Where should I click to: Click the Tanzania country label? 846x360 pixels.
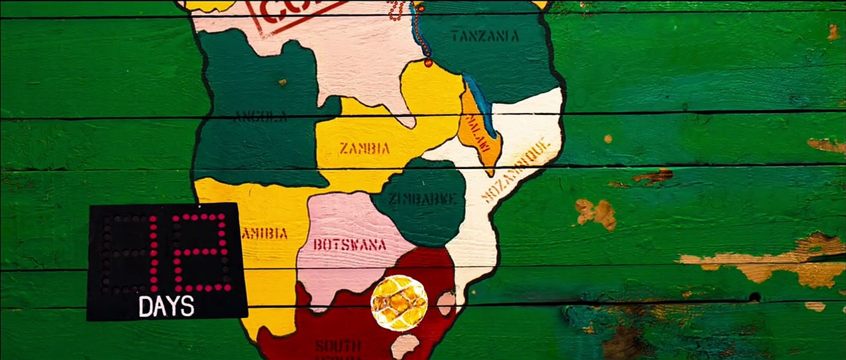coord(485,36)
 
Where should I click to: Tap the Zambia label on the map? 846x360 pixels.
coord(364,148)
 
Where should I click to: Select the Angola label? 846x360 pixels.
coord(261,118)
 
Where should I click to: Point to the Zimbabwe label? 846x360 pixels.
coord(423,199)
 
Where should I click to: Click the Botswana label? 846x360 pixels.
coord(350,244)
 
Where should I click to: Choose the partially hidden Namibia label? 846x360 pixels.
coord(267,233)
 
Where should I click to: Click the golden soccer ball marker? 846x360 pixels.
coord(399,302)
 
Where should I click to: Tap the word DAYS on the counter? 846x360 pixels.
coord(166,306)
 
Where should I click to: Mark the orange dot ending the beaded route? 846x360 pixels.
coord(428,63)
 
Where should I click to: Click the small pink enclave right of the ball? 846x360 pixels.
coord(445,302)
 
